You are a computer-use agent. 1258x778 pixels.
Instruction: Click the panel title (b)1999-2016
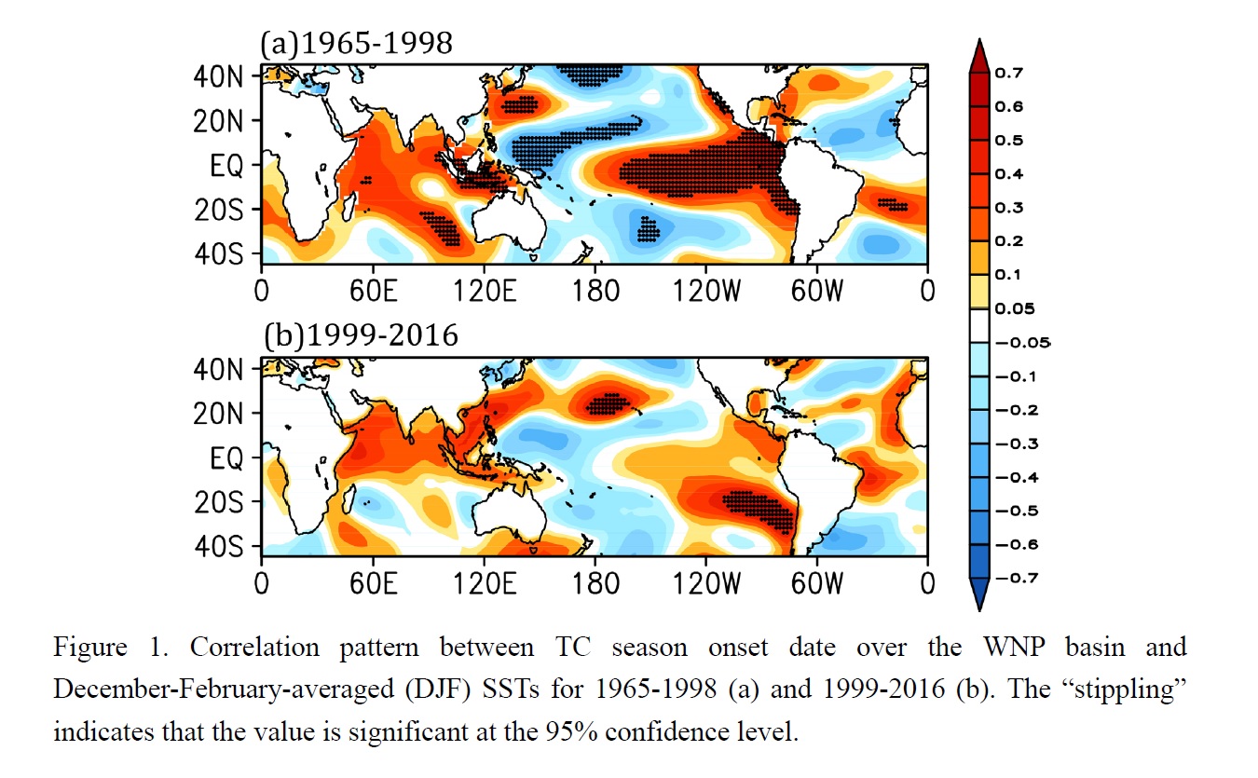(361, 334)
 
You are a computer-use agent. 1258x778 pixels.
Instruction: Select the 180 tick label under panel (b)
(595, 583)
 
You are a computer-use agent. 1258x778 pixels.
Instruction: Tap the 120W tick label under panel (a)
(705, 292)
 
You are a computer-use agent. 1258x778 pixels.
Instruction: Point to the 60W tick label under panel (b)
(817, 583)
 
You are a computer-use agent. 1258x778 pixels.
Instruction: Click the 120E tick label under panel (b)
(484, 583)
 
